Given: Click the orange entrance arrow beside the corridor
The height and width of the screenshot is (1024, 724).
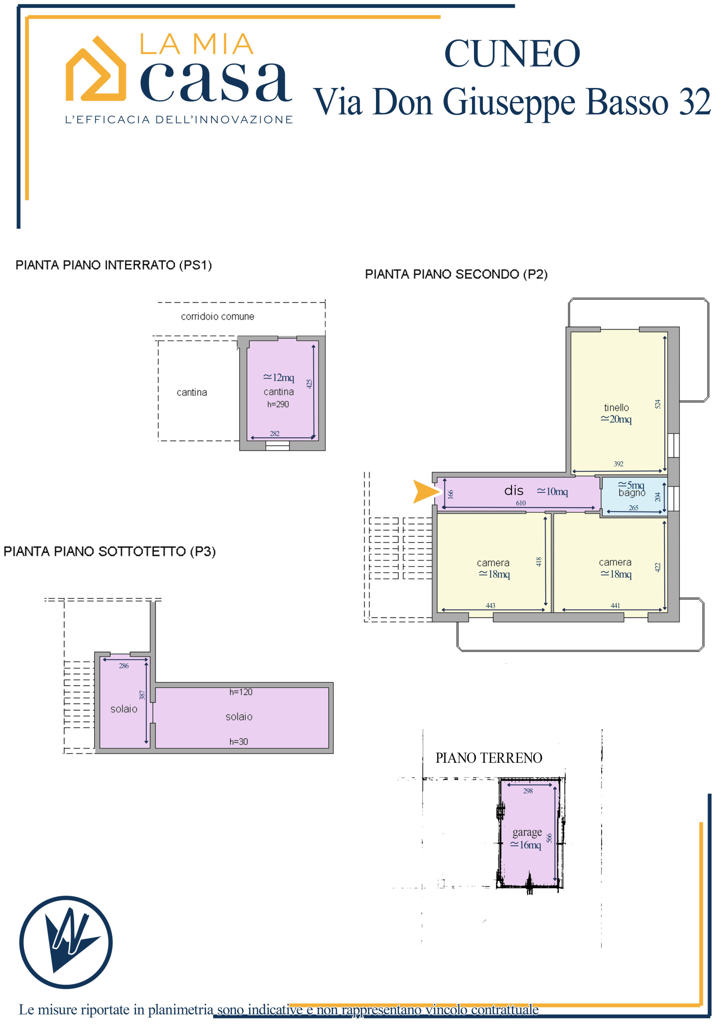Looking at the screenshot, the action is [425, 492].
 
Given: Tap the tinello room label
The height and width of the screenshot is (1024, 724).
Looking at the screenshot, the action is [616, 408].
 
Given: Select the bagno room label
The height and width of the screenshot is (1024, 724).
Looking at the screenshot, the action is [632, 493].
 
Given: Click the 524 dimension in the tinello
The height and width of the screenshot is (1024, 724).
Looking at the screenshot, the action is [658, 404].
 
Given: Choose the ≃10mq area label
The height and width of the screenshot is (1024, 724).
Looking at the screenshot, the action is [552, 492].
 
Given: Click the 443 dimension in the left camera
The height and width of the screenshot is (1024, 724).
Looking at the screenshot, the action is [490, 606].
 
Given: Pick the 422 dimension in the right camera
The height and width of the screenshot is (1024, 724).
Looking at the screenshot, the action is [657, 567].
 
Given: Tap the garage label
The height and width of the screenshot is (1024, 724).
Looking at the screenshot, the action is [527, 833].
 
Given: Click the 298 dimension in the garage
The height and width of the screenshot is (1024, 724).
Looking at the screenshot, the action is [528, 791].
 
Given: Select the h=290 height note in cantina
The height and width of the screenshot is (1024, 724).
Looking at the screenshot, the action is [278, 404].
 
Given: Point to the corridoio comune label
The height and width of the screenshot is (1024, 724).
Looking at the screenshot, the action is [217, 316].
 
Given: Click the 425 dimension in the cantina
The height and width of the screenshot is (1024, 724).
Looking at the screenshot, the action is [309, 384].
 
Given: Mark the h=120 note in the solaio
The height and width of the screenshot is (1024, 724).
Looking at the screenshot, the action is [241, 692].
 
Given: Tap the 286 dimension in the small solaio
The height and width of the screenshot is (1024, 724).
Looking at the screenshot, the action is [124, 666].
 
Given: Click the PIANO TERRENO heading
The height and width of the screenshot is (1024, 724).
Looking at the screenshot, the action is [489, 758].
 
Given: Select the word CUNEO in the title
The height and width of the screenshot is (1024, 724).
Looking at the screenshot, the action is [512, 54].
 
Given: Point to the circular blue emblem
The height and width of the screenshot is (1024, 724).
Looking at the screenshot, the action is [66, 942].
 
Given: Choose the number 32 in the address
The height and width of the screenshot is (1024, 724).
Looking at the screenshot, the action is [694, 102].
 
